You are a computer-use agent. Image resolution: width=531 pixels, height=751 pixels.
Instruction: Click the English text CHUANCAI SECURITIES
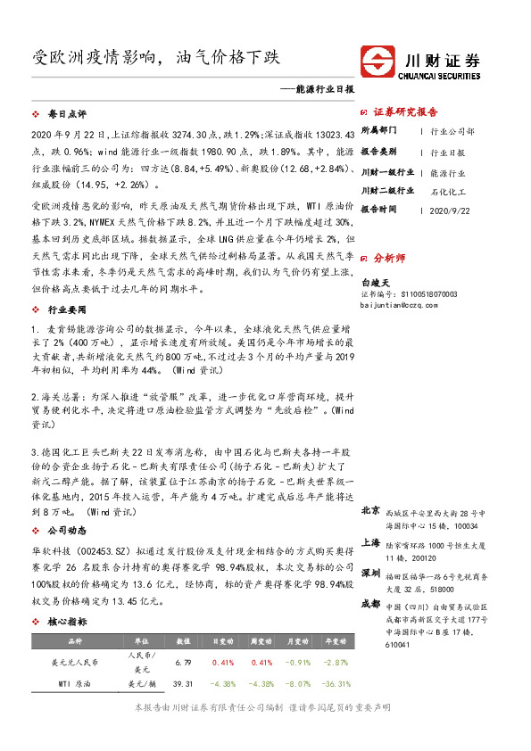(443, 75)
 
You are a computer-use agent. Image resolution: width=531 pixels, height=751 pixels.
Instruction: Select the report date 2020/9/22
(450, 208)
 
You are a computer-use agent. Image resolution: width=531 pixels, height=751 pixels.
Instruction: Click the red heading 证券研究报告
(404, 112)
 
